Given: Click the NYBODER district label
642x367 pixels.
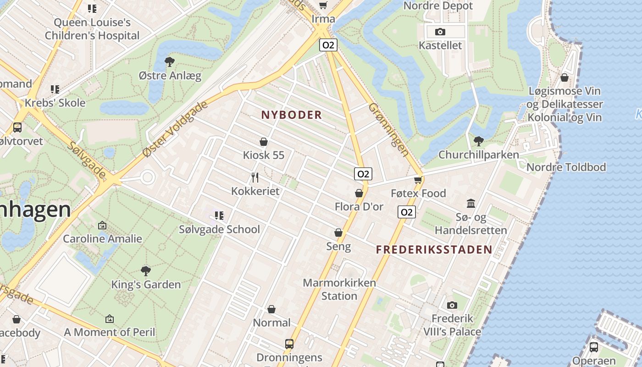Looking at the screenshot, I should [292, 115].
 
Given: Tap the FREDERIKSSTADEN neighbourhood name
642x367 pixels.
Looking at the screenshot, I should [434, 250].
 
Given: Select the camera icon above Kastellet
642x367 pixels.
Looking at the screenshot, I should [440, 32].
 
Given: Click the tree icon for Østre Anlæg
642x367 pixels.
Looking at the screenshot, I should [170, 61].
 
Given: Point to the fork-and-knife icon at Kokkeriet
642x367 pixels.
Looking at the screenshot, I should [255, 177].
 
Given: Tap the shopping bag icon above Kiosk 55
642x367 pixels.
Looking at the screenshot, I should [264, 142].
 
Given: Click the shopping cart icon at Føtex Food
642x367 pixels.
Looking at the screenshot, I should [418, 180].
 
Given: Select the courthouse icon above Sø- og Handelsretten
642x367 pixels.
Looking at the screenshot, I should [471, 203].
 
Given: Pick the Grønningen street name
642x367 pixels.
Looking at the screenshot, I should [388, 130].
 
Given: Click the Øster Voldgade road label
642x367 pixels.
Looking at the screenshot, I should [175, 129].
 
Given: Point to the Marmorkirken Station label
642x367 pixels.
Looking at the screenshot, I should [339, 289].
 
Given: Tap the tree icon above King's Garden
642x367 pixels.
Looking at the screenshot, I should [146, 271].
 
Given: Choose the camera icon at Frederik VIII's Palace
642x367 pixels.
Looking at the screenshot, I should [452, 305].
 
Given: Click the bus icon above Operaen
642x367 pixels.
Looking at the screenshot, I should [594, 347].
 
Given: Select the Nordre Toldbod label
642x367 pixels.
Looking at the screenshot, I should [566, 167].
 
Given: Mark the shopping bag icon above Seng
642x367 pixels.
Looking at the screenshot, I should [338, 233].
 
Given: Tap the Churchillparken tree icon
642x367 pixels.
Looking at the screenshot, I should [478, 141].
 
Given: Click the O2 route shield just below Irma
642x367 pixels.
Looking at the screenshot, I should [328, 45].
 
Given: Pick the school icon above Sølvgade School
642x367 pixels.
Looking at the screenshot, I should [219, 215].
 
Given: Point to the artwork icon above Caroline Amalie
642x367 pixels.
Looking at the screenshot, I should [102, 225].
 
